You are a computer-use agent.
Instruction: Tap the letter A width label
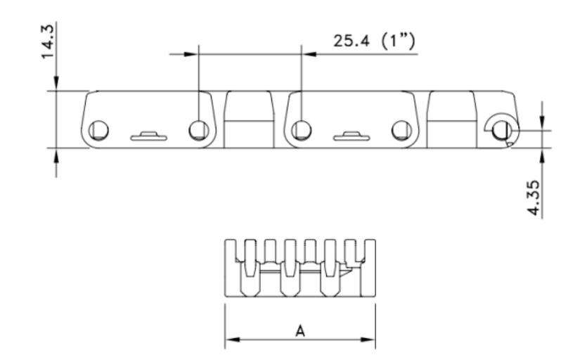pyautogui.click(x=300, y=330)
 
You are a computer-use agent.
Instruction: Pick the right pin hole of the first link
pyautogui.click(x=199, y=129)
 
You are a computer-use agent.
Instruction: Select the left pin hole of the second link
pyautogui.click(x=302, y=129)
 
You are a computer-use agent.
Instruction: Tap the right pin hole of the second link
pyautogui.click(x=401, y=129)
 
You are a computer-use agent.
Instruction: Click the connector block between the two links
pyautogui.click(x=250, y=120)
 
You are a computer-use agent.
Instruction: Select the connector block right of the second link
pyautogui.click(x=451, y=120)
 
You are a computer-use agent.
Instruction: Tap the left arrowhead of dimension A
pyautogui.click(x=231, y=340)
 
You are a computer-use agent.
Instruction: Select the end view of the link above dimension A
pyautogui.click(x=300, y=267)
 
